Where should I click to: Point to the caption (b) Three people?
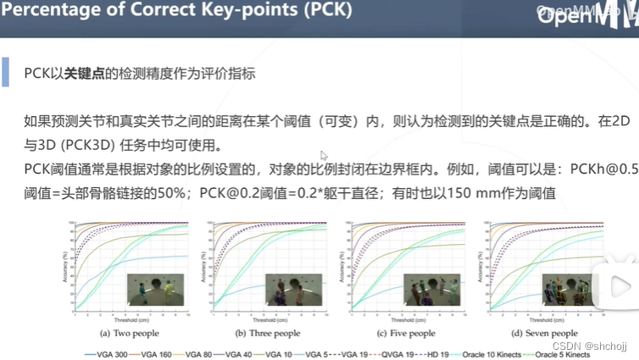click(264, 333)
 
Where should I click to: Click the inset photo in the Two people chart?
click(156, 290)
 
